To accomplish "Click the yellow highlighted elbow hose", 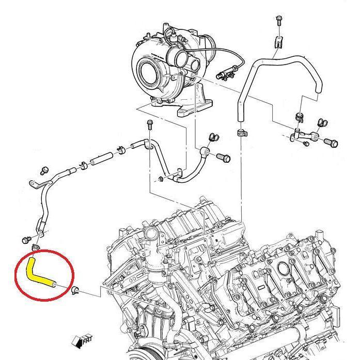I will (38, 274).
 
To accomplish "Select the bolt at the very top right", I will (278, 21).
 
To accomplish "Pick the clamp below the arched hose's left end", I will (241, 133).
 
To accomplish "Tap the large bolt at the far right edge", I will (331, 141).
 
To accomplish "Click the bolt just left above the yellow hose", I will (25, 239).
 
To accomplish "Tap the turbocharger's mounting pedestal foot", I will (194, 109).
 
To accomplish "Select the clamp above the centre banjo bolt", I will (212, 138).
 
